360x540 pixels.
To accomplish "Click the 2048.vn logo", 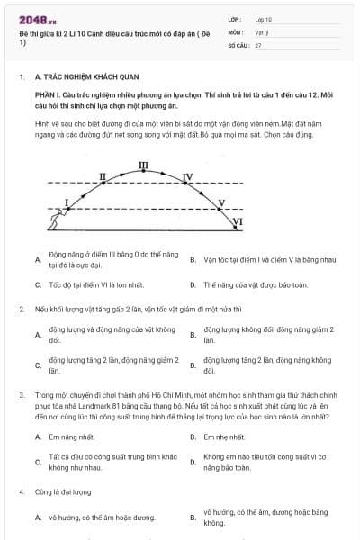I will tap(32, 19).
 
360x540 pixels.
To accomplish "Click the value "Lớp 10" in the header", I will tap(263, 18).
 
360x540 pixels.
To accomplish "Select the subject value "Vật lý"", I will tap(262, 31).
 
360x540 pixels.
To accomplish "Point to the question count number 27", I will tap(258, 44).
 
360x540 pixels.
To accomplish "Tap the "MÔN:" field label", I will tap(235, 31).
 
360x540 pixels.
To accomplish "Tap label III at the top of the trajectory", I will tap(144, 165).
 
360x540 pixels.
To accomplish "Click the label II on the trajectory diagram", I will tap(103, 176).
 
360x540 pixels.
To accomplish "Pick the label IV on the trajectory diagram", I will tap(187, 176).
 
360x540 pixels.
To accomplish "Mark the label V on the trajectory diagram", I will tap(222, 203).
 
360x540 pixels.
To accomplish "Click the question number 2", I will tap(21, 309).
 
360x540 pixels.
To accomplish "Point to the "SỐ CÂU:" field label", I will tap(238, 44).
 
